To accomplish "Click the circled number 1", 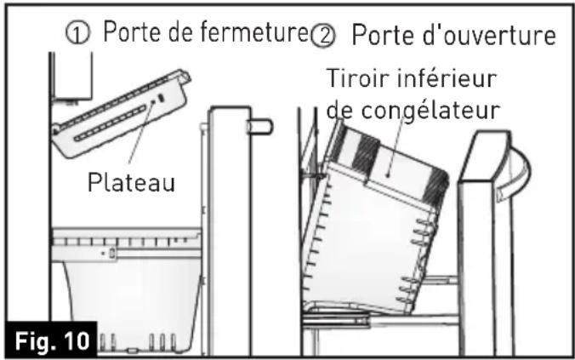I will pos(78,35).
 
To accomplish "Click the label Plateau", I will pos(130,183).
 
